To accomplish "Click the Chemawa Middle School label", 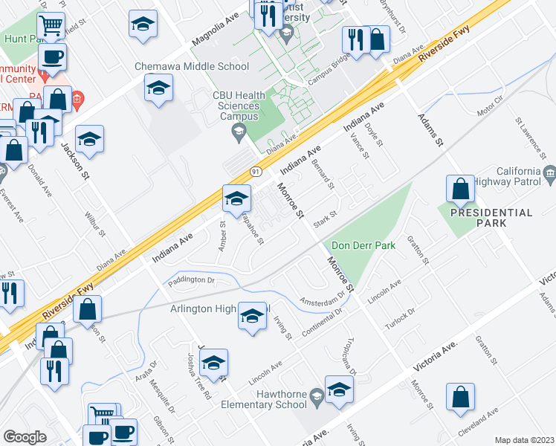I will [x=192, y=66].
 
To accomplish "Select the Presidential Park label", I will [x=495, y=218].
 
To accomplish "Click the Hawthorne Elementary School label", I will [x=264, y=398].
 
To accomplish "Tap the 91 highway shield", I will [x=255, y=171].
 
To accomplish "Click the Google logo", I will [x=25, y=437].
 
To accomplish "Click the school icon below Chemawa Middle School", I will [x=158, y=90].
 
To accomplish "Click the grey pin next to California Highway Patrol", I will [x=550, y=176].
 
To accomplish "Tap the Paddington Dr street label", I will [x=191, y=280].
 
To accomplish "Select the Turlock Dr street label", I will [x=399, y=317].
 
